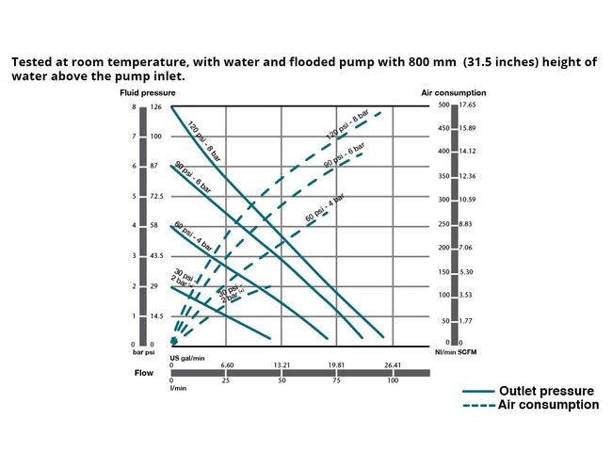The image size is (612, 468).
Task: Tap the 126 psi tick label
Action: click(156, 107)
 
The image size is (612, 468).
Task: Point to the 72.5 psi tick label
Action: click(156, 196)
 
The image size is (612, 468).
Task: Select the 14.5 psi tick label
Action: click(156, 315)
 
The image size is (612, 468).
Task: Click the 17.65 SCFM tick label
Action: click(469, 105)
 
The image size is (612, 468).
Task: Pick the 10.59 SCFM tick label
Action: click(469, 200)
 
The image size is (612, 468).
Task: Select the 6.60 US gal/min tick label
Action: click(227, 365)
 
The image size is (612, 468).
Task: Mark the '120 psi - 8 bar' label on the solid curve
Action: click(202, 138)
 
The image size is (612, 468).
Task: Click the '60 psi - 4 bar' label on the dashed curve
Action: click(325, 206)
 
